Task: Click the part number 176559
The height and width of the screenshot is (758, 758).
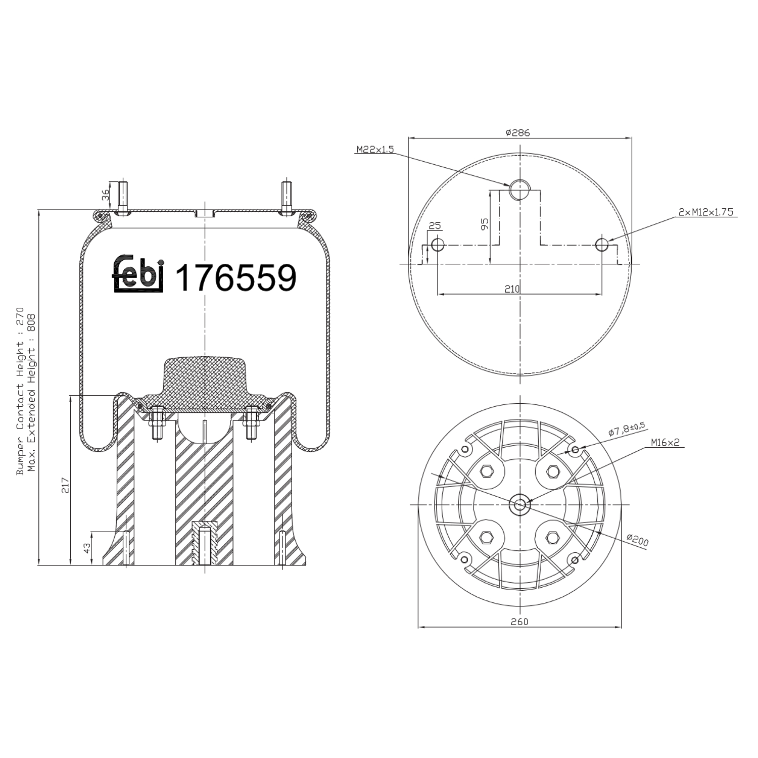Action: pos(235,278)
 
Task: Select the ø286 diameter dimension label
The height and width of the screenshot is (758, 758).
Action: pos(517,133)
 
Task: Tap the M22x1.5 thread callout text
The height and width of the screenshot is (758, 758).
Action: pos(374,150)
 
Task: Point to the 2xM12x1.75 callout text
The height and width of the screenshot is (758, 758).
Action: pos(705,212)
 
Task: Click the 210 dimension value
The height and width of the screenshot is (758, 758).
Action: pos(512,289)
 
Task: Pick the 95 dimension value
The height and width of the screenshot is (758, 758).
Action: pos(485,224)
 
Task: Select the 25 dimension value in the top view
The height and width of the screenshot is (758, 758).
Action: pos(435,225)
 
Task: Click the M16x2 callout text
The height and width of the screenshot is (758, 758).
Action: pos(665,443)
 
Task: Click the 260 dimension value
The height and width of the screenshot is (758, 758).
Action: pos(519,622)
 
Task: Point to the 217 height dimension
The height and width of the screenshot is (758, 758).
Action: pos(65,485)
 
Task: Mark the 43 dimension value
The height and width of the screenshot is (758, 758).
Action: pos(87,548)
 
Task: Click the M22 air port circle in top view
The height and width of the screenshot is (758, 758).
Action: pos(519,189)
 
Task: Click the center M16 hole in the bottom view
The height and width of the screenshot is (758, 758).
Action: pos(519,504)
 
